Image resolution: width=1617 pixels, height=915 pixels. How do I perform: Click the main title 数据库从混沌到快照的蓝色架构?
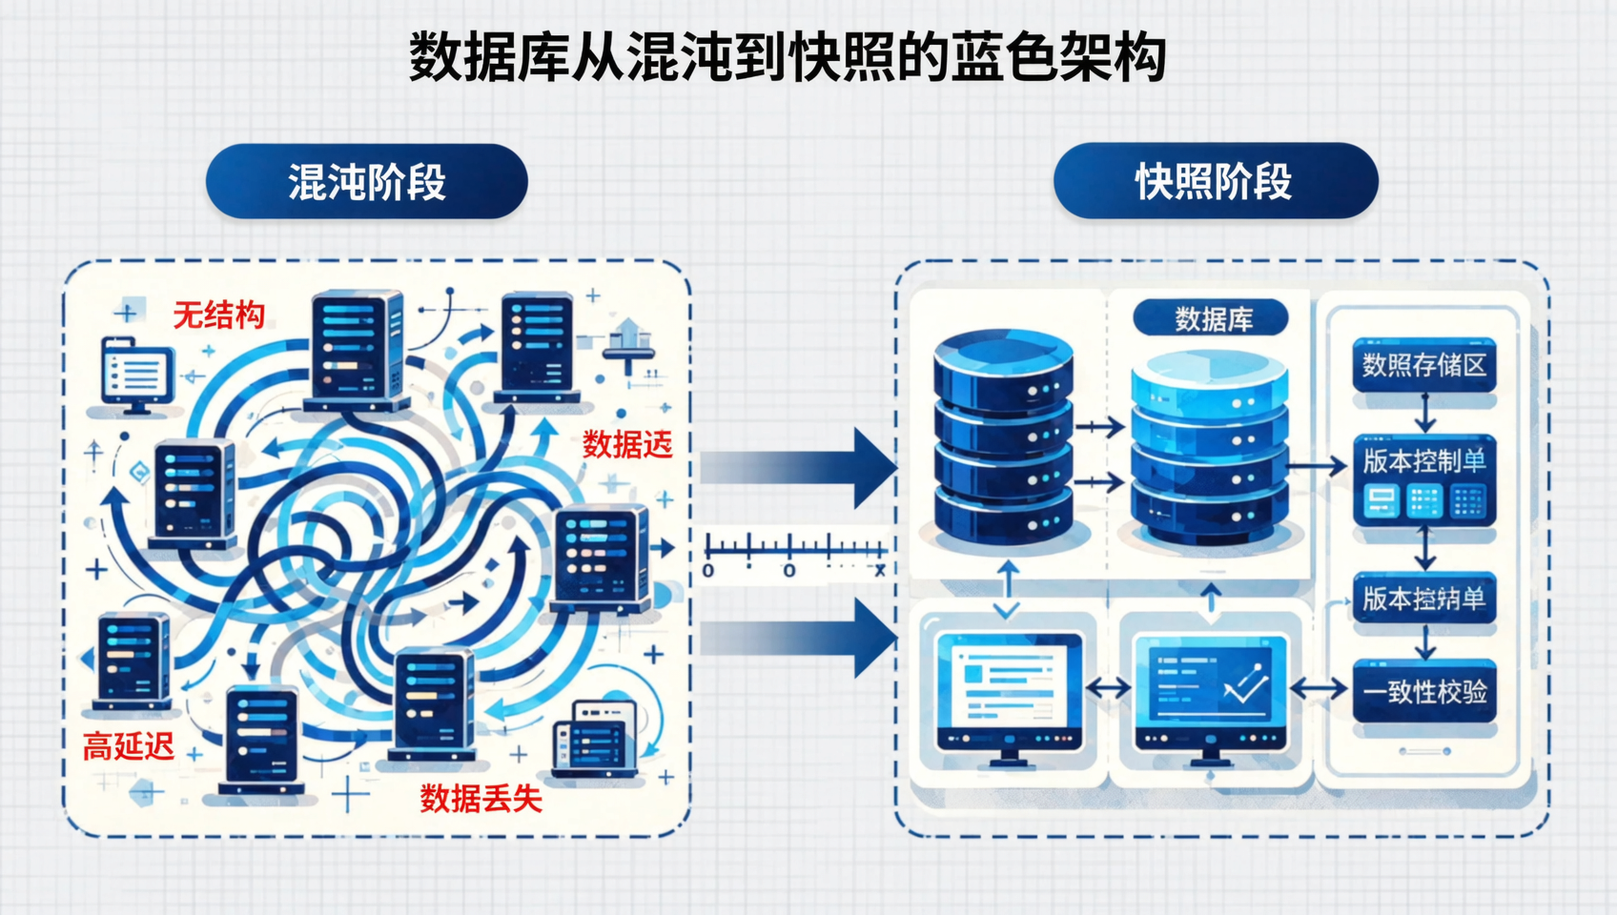788,57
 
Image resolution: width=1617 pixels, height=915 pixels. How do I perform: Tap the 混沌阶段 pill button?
367,181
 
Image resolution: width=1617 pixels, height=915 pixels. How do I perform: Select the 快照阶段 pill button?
1215,181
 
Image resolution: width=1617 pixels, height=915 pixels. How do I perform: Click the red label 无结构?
218,315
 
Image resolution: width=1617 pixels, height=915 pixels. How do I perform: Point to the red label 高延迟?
128,745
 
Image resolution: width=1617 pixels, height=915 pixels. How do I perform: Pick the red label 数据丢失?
481,798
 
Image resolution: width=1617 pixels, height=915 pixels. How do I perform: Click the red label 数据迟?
626,444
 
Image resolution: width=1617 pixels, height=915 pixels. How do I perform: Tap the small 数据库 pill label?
1212,318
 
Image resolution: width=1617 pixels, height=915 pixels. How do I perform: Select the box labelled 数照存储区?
1423,364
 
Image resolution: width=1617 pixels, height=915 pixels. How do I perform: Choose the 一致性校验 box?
1423,692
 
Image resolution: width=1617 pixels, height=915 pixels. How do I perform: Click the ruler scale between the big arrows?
795,551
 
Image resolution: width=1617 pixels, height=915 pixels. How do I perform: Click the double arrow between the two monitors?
1108,687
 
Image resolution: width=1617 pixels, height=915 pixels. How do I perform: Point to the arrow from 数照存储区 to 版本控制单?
1424,413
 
